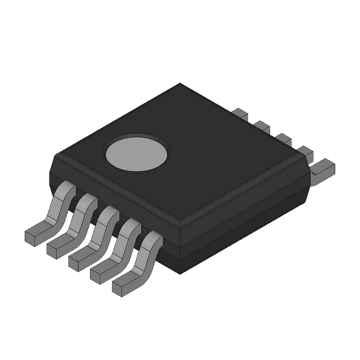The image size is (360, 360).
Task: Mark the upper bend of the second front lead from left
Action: (87, 200)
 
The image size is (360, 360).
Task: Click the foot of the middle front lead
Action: (80, 258)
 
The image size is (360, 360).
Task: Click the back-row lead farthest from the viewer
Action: (241, 114)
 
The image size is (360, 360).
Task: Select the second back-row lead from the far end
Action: (262, 126)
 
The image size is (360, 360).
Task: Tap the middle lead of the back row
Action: (282, 138)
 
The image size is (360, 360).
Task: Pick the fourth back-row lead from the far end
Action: (304, 151)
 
